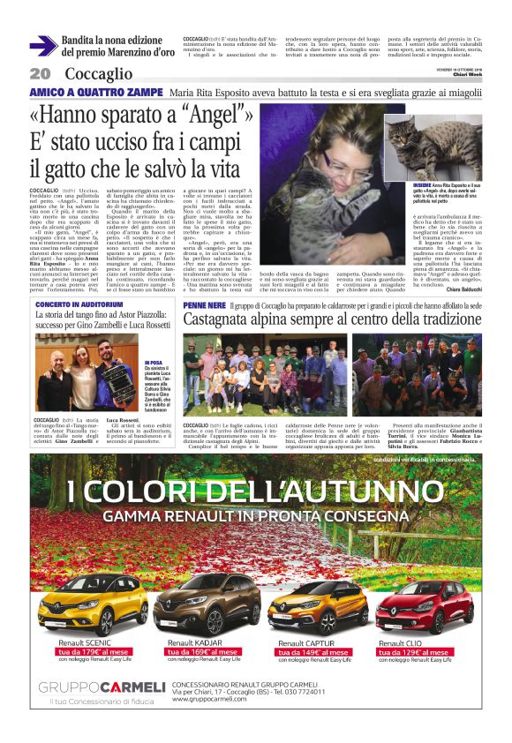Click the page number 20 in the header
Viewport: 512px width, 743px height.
pos(39,72)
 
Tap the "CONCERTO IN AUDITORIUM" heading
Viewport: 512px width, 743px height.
pos(78,304)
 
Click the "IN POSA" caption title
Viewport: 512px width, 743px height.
pos(152,362)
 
